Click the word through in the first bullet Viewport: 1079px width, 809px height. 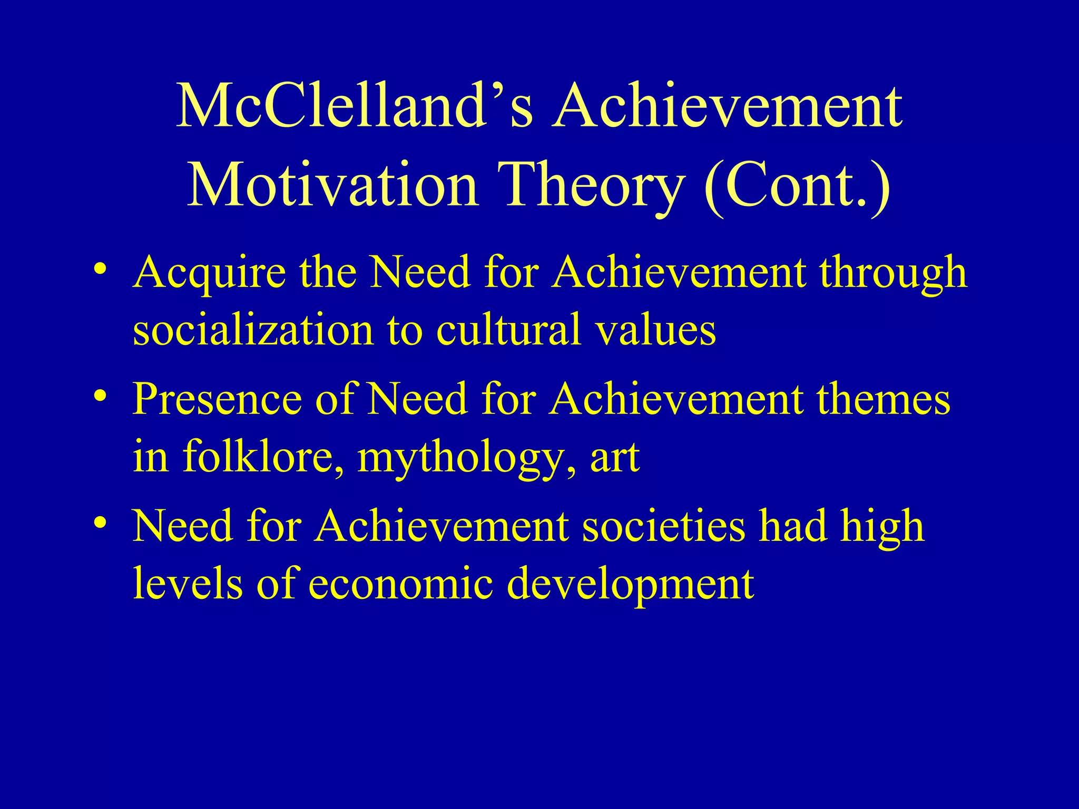tap(892, 274)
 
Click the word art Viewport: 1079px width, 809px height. tap(614, 457)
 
